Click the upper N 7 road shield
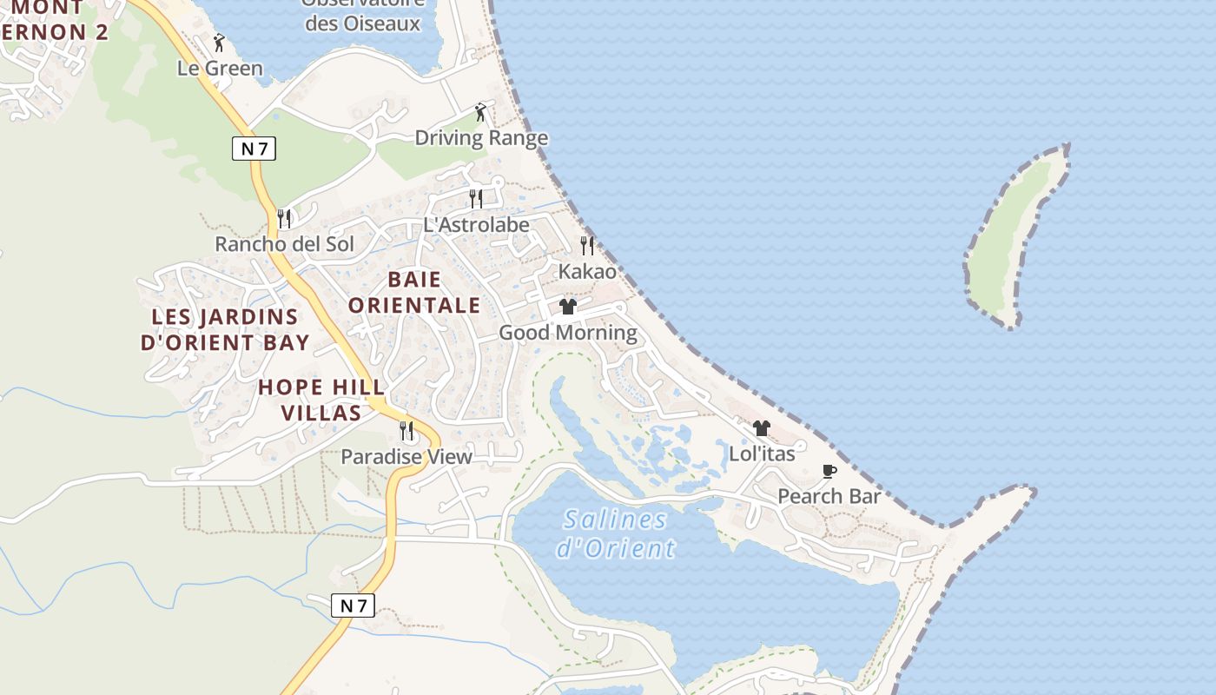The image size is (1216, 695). point(254,149)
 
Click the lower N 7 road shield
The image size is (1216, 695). point(353,606)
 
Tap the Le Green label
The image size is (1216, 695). point(220,68)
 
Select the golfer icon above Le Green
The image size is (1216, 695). point(219,42)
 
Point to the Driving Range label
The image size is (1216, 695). point(481,137)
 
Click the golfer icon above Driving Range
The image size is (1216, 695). point(480,112)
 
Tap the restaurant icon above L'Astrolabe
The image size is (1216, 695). point(476,199)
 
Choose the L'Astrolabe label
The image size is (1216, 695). point(476,224)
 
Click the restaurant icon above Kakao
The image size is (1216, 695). point(587,246)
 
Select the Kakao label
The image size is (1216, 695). point(587,271)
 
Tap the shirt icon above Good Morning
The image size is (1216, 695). point(568,307)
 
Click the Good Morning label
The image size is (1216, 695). point(567,332)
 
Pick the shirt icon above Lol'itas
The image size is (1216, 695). point(762,427)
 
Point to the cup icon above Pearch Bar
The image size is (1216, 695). point(829,471)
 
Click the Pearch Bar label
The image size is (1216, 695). point(829,496)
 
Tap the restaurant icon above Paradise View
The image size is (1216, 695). point(406,430)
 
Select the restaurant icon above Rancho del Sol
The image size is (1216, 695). point(284,218)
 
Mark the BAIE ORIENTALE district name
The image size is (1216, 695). point(413,292)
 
